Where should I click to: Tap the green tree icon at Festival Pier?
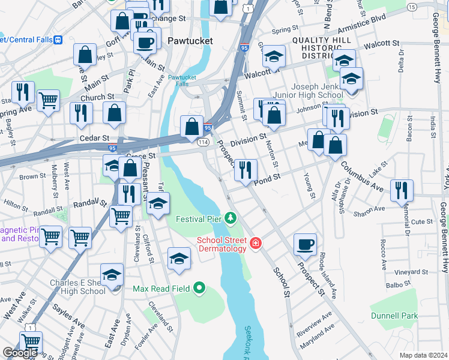point(231,217)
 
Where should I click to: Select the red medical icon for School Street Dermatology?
point(256,242)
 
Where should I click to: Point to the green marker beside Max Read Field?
point(200,289)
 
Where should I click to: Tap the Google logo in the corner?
point(20,353)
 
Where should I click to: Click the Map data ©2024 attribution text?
point(423,355)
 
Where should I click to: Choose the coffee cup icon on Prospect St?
point(305,244)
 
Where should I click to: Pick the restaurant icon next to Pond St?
point(246,170)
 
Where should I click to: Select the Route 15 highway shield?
point(411,7)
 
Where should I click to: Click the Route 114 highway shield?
point(203,142)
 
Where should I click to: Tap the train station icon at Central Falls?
point(58,40)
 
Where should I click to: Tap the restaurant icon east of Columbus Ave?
point(402,190)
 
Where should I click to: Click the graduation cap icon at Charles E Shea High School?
point(112,274)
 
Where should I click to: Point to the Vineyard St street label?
point(412,272)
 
